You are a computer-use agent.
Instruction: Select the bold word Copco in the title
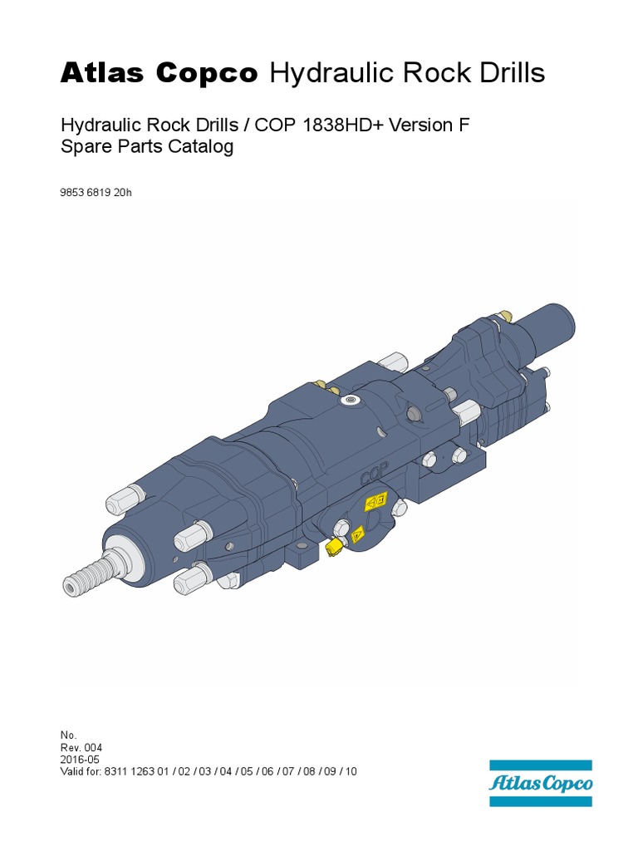(207, 73)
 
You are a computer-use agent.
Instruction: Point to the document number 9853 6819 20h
(96, 193)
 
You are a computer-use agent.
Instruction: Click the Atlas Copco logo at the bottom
(540, 783)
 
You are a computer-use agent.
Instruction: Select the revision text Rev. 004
(81, 748)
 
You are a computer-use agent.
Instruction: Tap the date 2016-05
(80, 760)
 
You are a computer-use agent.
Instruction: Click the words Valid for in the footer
(81, 772)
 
